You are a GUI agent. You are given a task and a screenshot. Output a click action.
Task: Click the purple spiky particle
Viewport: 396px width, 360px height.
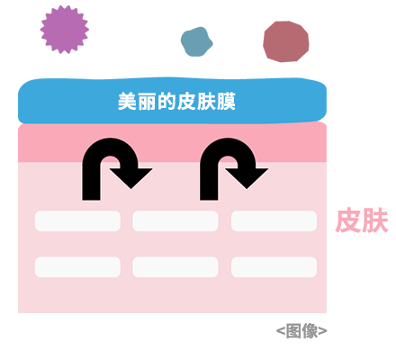(64, 30)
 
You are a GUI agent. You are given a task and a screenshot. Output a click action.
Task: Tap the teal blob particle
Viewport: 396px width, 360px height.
(196, 41)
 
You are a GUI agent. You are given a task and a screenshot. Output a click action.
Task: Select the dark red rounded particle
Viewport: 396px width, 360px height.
(286, 41)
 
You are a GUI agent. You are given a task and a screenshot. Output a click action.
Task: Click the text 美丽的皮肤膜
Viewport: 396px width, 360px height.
(176, 102)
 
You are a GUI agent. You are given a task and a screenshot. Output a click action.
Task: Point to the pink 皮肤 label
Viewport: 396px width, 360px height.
(362, 220)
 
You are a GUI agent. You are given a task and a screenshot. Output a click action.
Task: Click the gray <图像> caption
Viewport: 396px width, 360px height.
(301, 330)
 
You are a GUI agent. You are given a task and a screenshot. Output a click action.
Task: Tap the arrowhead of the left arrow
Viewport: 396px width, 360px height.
(131, 178)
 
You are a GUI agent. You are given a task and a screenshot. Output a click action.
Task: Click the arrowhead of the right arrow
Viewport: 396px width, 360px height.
(247, 178)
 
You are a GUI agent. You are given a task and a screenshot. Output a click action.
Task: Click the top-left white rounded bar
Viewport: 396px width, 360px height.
(77, 221)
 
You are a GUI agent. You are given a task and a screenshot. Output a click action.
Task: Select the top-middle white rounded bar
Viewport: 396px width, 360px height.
(175, 221)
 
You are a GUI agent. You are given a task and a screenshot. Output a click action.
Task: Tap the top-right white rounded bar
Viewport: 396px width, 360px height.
(274, 221)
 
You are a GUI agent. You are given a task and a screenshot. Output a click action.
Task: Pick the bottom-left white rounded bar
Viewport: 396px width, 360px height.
(77, 267)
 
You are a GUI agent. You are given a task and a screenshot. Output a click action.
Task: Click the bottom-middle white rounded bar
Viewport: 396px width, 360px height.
(175, 267)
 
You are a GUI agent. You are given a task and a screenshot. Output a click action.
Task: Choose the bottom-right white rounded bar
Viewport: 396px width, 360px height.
(274, 267)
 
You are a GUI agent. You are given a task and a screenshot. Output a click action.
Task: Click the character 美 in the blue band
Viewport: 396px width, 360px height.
(127, 102)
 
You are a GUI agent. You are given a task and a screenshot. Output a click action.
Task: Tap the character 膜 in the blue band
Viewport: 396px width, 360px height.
(226, 102)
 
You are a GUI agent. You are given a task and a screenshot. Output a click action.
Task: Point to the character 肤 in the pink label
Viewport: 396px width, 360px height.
(375, 220)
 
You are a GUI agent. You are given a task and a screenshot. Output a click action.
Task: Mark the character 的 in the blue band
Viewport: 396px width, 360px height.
(166, 102)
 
